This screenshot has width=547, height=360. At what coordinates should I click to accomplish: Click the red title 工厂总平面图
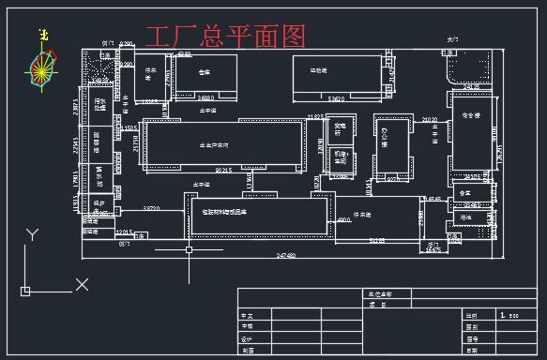225,37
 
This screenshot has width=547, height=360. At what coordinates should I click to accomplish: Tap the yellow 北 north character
42,35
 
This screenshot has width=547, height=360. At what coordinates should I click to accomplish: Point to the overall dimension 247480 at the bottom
286,254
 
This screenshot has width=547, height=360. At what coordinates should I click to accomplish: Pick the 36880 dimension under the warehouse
205,97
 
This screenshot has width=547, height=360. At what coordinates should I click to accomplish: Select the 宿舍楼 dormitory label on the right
470,115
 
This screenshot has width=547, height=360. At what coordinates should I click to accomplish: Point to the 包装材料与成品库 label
231,212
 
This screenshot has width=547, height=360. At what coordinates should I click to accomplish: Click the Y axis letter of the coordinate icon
33,233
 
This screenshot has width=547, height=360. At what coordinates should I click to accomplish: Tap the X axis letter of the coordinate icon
82,284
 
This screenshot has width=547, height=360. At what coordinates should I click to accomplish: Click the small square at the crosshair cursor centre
190,250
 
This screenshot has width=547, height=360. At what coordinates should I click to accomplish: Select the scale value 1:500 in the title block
510,316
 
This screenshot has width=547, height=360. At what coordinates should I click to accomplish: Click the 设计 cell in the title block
248,338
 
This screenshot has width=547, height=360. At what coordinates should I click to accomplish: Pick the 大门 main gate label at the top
453,39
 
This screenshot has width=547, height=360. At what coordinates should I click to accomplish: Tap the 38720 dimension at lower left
149,207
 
